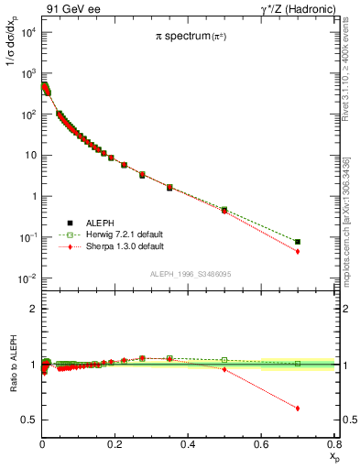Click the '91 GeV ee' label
70,8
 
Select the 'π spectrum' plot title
191,38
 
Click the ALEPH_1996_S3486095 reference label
190,275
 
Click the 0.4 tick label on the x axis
188,444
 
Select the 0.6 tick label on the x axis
261,444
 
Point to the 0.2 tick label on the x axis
115,444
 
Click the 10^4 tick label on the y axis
26,32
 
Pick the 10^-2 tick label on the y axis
26,278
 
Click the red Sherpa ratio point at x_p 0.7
297,409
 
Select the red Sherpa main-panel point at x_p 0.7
297,251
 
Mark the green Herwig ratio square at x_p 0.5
224,360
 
